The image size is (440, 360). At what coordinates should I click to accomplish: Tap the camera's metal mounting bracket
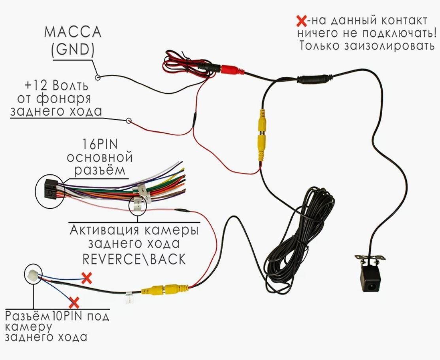pos(370,258)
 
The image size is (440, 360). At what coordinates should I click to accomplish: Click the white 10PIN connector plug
pos(31,274)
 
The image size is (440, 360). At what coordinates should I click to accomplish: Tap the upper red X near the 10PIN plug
pos(86,278)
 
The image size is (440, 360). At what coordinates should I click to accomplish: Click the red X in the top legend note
pos(302,21)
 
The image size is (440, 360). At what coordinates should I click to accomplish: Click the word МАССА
pos(73,32)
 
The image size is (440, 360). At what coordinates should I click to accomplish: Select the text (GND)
pos(73,49)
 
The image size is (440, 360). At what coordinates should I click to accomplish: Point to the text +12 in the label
pos(37,85)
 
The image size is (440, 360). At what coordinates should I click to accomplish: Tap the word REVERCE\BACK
pos(134,259)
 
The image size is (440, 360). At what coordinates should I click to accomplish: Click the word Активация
pos(104,230)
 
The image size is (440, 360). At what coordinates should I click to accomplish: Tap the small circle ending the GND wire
pos(98,78)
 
